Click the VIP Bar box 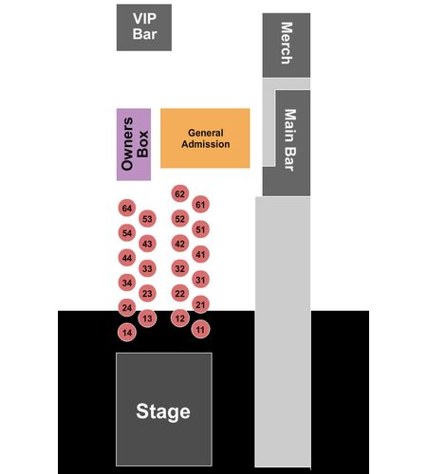click(144, 27)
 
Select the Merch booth click(287, 46)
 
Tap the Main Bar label click(289, 140)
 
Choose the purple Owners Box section click(134, 144)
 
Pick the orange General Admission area click(205, 138)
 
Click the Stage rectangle click(164, 410)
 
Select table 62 click(180, 193)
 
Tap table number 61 click(200, 205)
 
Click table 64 click(127, 208)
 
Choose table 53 click(147, 219)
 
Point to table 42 click(180, 244)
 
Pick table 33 click(147, 268)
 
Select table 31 click(200, 280)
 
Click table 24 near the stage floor click(127, 307)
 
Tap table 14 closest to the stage click(127, 333)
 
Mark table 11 click(200, 330)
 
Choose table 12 click(180, 319)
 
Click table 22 click(180, 293)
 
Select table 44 click(127, 258)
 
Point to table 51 click(200, 229)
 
